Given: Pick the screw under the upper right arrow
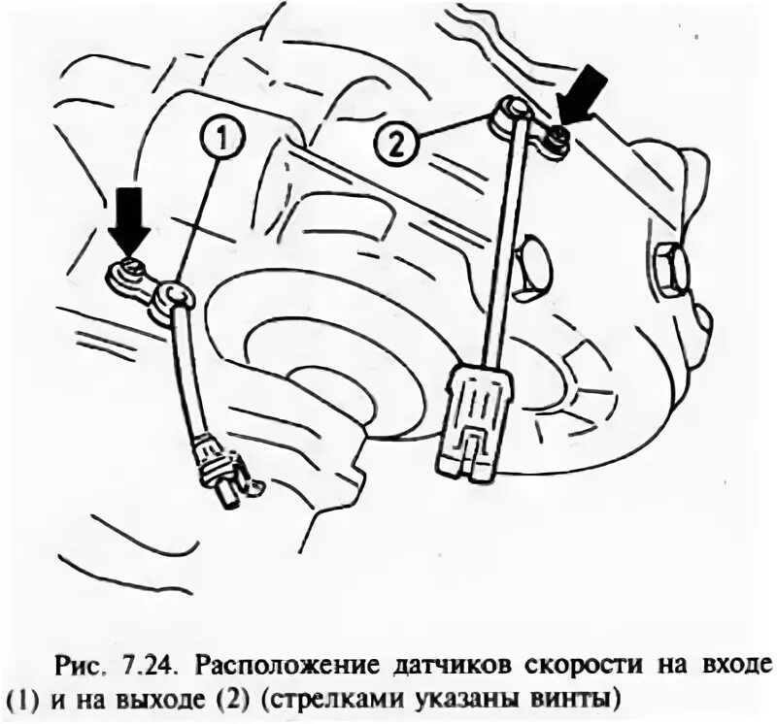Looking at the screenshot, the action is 555,143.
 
